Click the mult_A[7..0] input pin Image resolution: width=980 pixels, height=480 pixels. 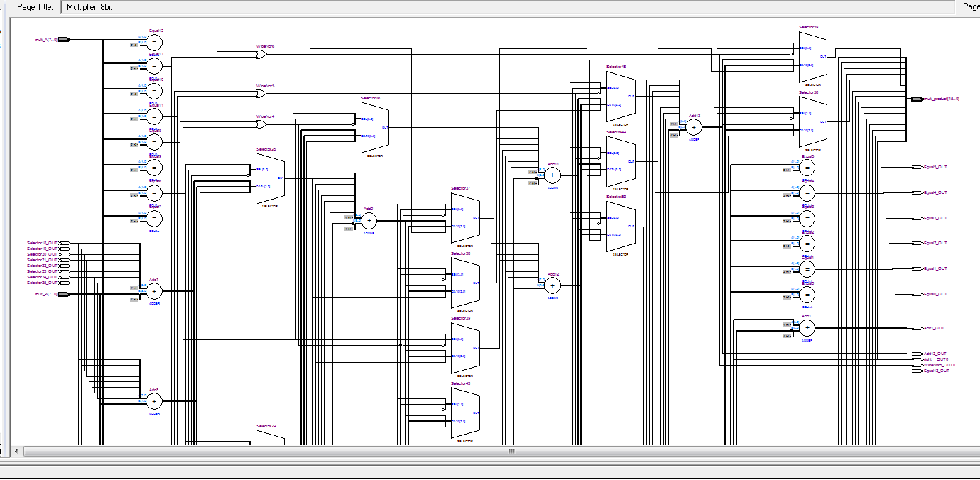pos(63,40)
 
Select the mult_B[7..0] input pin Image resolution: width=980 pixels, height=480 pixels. pos(63,294)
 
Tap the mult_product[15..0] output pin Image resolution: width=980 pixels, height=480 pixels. pos(917,99)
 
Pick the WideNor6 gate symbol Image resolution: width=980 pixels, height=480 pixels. pos(261,54)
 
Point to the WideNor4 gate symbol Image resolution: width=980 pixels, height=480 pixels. pos(261,124)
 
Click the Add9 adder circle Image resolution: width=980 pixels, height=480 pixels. pos(369,220)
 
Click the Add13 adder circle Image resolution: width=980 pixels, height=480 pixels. pos(694,127)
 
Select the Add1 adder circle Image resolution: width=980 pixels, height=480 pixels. pos(807,328)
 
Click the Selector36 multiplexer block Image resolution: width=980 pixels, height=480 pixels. pos(374,126)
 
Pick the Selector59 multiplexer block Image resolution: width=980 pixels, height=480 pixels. pos(812,56)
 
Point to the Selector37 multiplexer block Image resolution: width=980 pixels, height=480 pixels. pos(465,218)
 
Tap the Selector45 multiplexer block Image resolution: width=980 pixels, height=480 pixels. pos(620,96)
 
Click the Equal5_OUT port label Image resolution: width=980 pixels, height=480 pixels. pos(935,167)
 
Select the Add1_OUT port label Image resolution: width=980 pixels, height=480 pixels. pos(934,328)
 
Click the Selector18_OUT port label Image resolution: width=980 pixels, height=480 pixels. pos(42,243)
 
